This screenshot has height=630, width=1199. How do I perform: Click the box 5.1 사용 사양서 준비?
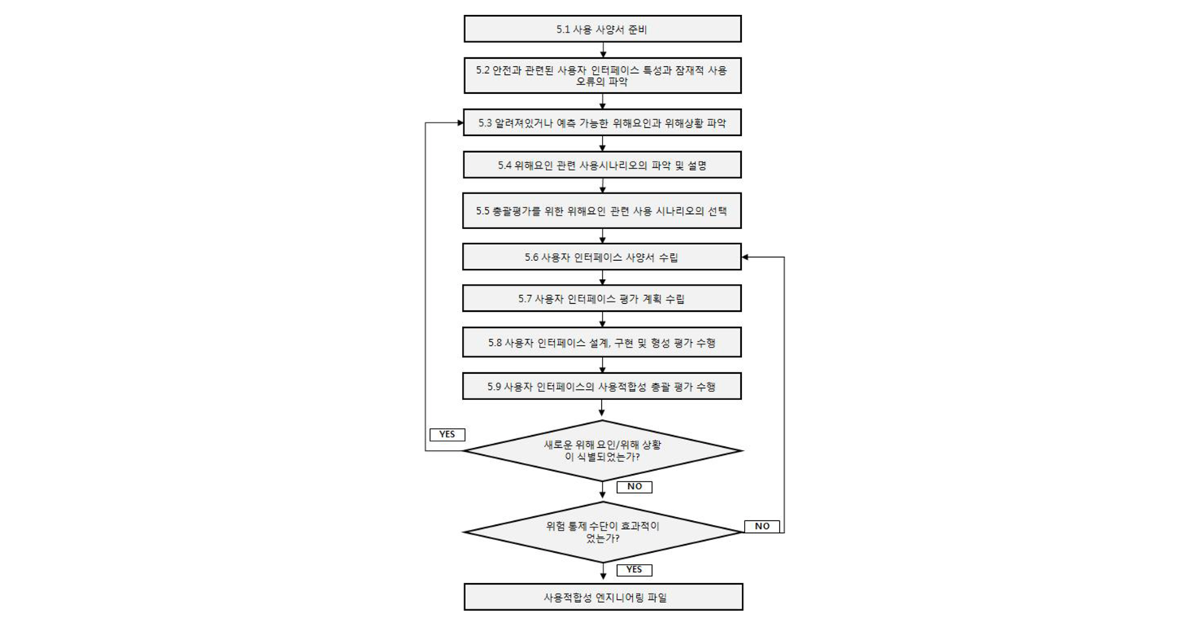point(603,29)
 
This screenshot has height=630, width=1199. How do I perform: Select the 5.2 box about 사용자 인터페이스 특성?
point(603,76)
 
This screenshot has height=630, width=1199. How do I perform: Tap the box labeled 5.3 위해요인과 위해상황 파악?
point(603,122)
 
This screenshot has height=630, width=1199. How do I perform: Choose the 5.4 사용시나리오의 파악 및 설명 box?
point(603,165)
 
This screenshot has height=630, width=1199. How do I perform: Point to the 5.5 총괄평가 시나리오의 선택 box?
point(603,211)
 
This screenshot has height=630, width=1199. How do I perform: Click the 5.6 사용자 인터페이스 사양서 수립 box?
point(603,257)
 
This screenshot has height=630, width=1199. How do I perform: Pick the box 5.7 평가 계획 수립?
point(603,298)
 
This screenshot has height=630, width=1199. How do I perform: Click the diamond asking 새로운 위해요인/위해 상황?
point(603,451)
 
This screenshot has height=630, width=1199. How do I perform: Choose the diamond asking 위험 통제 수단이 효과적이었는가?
point(603,531)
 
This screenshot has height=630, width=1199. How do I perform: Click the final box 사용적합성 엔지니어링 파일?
point(603,597)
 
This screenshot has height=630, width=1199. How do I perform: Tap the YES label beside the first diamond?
point(447,434)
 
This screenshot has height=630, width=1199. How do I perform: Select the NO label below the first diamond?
point(634,487)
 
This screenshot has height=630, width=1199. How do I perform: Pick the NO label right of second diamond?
point(762,526)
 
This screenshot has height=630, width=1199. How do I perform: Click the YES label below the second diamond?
point(634,570)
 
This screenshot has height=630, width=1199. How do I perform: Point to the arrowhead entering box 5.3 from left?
point(460,123)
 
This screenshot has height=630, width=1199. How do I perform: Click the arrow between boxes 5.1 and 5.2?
point(603,49)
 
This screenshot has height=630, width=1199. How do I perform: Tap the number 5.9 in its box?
point(495,387)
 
